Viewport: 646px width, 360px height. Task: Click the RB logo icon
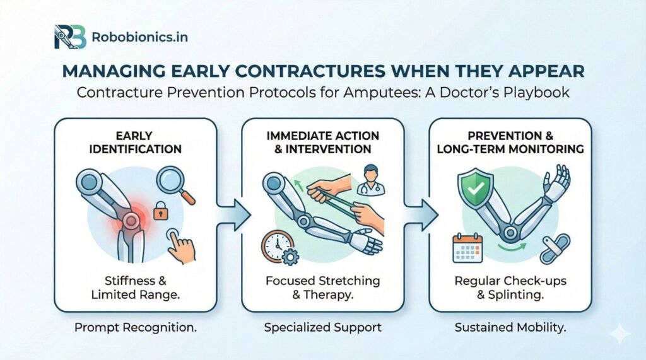pyautogui.click(x=69, y=37)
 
